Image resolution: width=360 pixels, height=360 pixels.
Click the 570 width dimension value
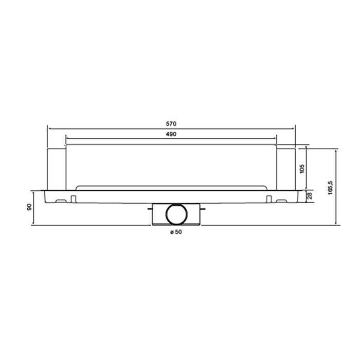171,124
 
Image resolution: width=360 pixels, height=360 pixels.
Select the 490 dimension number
171,134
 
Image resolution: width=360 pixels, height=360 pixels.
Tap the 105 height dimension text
302,168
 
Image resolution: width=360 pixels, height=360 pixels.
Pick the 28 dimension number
310,195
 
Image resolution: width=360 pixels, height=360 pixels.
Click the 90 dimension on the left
29,208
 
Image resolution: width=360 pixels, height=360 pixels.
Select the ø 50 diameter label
175,232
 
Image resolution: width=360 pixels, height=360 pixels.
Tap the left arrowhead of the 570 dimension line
48,128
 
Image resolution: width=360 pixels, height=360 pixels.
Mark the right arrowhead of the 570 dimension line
294,128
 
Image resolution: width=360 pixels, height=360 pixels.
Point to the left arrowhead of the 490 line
67,138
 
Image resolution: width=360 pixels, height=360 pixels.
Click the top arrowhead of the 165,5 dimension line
336,150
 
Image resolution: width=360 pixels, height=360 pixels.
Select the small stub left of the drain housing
148,209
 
